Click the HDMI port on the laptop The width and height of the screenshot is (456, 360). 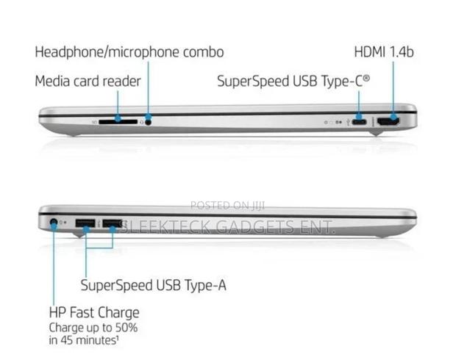388,122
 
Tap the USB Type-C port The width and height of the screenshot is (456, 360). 359,122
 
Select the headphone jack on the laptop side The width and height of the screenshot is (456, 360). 149,122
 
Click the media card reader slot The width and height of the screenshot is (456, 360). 118,122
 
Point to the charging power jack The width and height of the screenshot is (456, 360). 53,223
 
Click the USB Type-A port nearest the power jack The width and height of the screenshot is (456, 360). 85,223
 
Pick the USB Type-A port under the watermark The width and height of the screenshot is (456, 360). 112,223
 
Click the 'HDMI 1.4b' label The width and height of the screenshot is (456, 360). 384,52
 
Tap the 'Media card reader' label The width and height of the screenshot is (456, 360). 88,81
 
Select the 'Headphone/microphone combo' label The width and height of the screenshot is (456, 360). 129,52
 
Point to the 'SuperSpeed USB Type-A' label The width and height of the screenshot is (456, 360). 153,285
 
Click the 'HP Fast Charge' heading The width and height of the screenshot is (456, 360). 94,313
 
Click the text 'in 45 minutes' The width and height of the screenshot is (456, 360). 82,340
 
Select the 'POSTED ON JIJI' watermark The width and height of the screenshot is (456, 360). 227,206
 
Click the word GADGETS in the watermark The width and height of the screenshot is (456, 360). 255,227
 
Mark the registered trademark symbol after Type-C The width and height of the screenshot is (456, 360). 367,78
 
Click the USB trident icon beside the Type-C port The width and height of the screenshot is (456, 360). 348,122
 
